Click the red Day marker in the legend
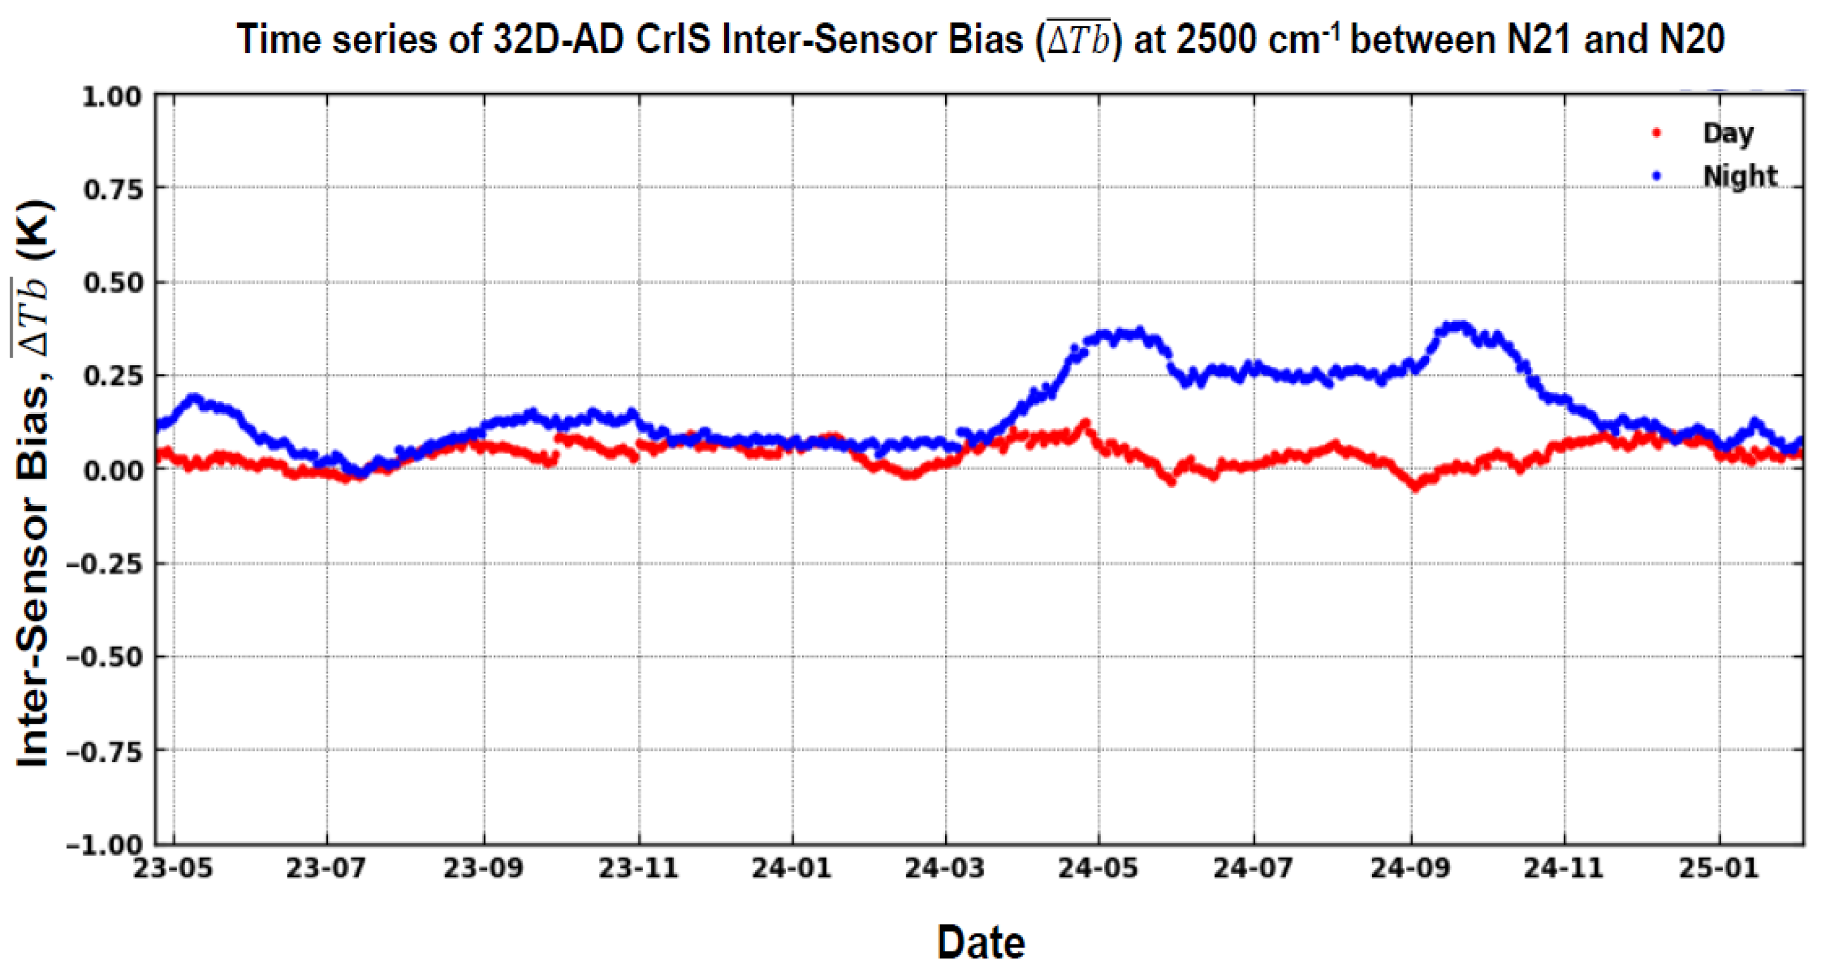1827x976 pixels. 1658,133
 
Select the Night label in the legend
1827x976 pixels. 1740,176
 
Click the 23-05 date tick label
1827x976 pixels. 173,868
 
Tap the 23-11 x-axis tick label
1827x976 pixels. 638,868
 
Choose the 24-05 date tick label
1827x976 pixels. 1098,868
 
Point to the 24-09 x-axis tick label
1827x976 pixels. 1410,868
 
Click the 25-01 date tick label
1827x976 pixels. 1719,868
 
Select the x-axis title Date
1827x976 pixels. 981,942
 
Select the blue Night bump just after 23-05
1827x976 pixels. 193,399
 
